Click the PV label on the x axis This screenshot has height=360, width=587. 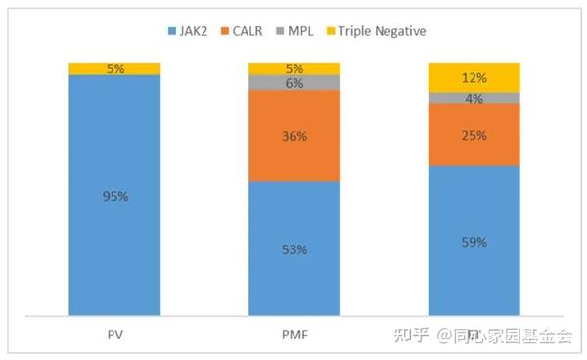114,335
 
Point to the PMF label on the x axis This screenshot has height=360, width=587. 294,335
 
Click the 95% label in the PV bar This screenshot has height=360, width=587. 114,196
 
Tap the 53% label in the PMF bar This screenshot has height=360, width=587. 294,249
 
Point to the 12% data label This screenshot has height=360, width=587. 474,77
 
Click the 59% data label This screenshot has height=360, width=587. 474,242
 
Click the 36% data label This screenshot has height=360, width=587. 294,136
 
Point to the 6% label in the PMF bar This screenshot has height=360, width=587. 294,84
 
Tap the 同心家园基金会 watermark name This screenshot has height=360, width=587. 513,336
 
